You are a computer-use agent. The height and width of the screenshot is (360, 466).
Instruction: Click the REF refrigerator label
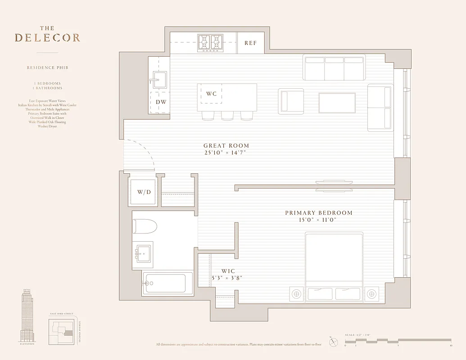coord(250,43)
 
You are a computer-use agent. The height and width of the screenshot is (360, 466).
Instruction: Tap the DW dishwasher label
coord(161,102)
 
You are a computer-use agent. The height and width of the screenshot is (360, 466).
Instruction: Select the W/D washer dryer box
coord(144,192)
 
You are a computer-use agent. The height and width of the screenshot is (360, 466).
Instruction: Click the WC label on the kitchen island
coord(211,94)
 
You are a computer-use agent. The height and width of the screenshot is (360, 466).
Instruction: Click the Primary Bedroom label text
coord(318,213)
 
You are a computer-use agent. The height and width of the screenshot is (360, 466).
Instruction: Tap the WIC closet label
coord(228,271)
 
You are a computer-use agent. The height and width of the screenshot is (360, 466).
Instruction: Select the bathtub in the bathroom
coord(167,283)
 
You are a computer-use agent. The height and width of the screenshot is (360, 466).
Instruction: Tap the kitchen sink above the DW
coord(158,80)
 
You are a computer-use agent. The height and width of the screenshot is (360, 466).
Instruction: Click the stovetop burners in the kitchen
coord(211,43)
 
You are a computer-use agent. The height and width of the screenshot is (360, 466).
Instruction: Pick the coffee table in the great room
coord(337,103)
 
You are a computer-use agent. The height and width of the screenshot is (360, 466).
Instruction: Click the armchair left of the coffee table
coord(291,100)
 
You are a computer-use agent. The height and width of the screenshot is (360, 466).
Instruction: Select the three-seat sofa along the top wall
coord(334,67)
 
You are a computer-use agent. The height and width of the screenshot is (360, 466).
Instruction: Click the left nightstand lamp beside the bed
coord(296,294)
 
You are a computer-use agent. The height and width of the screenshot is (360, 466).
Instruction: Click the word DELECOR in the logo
coord(47,38)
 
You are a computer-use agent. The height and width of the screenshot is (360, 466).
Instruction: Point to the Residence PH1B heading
coord(47,68)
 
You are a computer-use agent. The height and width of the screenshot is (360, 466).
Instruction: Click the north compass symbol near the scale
coord(333,342)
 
